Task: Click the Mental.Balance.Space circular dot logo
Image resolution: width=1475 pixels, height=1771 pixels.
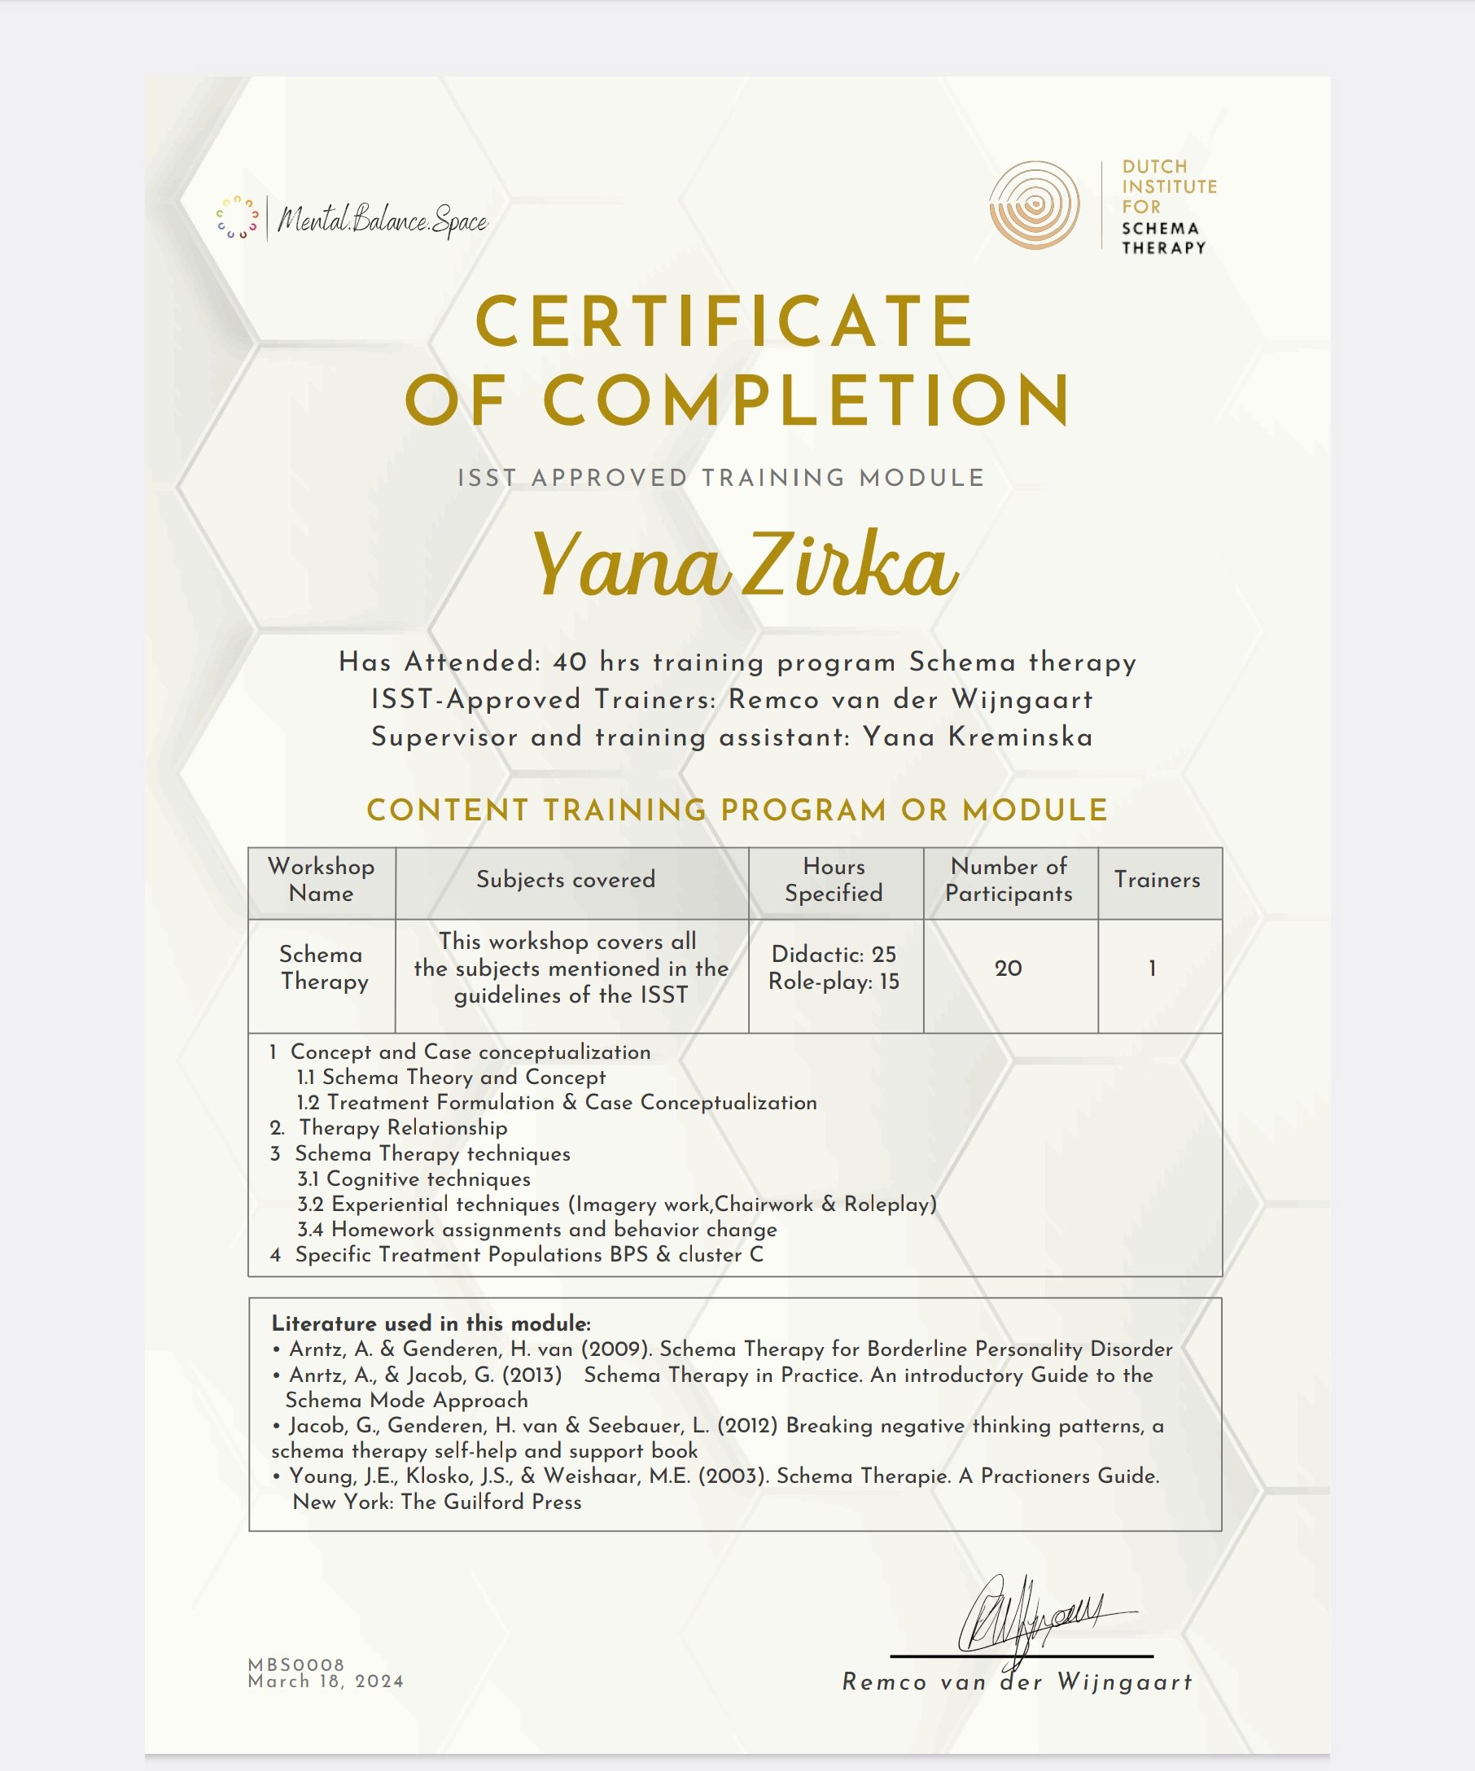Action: coord(237,218)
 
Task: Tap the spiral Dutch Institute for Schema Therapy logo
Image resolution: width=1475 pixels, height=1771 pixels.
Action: coord(1034,205)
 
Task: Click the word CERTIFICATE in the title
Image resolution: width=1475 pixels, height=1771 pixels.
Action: coord(724,321)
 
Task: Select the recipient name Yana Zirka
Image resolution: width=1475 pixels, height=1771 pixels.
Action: coord(744,565)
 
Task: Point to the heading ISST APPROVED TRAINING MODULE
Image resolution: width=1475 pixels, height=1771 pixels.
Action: coord(721,479)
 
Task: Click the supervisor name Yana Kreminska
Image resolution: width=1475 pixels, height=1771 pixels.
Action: coord(978,737)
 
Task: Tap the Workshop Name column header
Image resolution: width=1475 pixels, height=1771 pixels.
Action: coord(322,880)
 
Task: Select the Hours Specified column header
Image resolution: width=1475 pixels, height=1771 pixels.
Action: coord(834,880)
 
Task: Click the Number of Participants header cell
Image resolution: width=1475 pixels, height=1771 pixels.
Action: coord(1009,880)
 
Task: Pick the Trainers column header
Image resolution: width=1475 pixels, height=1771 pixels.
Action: coord(1157,880)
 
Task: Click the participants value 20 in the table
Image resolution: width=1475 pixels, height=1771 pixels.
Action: coord(1009,969)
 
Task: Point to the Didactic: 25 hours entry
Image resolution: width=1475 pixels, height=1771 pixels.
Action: coord(834,955)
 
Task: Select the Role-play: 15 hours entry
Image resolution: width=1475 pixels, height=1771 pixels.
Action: coord(834,982)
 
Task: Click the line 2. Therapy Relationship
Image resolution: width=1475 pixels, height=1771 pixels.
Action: coord(390,1128)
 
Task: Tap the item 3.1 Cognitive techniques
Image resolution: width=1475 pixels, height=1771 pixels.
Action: coord(414,1179)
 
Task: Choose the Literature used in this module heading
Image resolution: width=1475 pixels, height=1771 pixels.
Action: coord(431,1323)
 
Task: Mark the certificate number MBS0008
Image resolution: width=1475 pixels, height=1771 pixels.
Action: coord(296,1664)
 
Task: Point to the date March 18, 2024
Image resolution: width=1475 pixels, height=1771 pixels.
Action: coord(326,1681)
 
